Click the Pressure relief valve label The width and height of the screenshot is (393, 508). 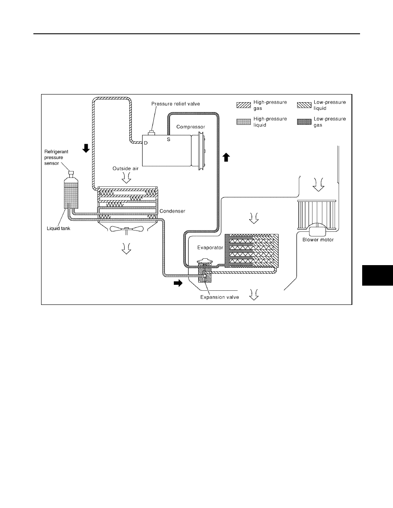click(176, 104)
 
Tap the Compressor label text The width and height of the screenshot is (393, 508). click(191, 127)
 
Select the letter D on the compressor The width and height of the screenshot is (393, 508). click(146, 143)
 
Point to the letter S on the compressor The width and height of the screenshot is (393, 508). click(169, 139)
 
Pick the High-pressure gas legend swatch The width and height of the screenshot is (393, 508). click(244, 105)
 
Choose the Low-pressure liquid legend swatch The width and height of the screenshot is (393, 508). click(304, 105)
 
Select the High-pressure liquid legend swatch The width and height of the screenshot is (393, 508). click(244, 122)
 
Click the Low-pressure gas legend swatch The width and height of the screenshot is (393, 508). click(304, 122)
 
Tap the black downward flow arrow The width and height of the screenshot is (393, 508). click(86, 148)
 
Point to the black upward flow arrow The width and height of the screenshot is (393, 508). click(226, 157)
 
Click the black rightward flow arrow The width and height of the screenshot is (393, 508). click(178, 284)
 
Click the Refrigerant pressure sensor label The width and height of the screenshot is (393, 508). click(56, 157)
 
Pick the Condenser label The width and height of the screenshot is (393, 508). click(172, 211)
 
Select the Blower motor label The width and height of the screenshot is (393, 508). click(318, 240)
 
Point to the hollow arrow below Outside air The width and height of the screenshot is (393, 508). click(126, 177)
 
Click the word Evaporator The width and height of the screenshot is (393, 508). click(210, 248)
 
